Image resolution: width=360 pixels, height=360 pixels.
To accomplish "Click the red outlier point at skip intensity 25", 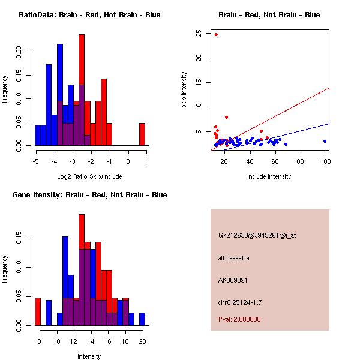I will [x=216, y=34].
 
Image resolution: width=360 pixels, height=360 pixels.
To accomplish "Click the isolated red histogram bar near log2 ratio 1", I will [x=142, y=134].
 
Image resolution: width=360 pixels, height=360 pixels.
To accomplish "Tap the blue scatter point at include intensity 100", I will [x=325, y=141].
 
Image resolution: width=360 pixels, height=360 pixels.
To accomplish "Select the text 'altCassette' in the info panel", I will [x=233, y=258].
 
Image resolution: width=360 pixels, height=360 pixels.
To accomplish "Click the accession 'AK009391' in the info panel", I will [x=233, y=280].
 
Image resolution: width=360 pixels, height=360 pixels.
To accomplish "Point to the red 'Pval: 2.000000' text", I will [x=239, y=319].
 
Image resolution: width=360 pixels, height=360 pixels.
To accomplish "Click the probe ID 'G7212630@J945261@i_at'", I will [x=257, y=235].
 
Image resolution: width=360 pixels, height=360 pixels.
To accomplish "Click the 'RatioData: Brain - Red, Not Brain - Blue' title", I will [x=89, y=14].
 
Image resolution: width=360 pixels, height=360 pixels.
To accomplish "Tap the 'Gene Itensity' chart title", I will [x=89, y=195].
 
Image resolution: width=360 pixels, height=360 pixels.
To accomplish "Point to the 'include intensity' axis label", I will [x=269, y=176].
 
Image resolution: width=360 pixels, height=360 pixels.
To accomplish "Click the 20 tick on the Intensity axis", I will [x=142, y=341].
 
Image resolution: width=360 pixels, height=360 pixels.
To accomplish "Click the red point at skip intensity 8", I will [x=226, y=117].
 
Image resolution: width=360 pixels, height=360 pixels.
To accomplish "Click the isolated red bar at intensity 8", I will [x=37, y=311].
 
